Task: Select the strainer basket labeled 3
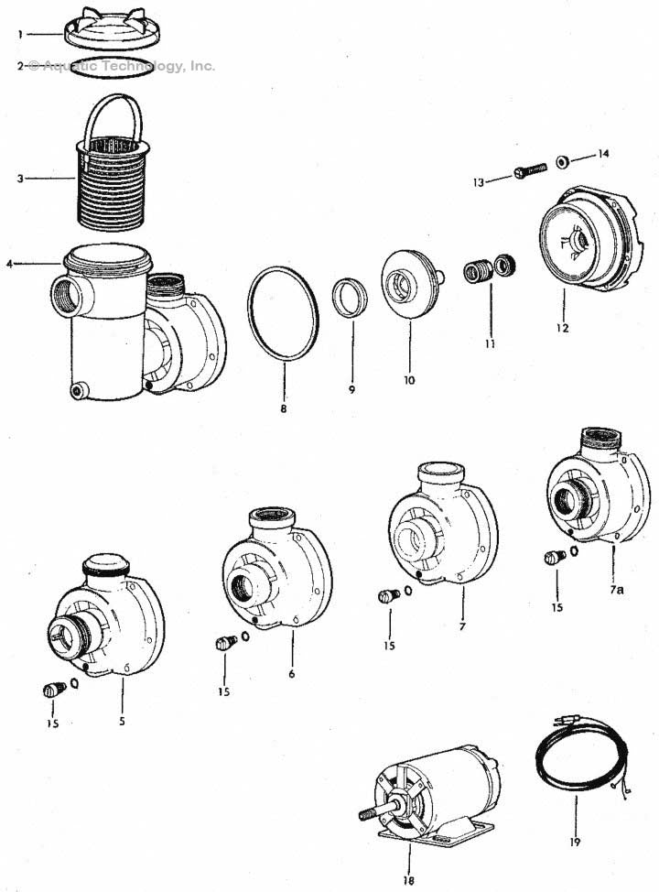pos(110,183)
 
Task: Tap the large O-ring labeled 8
pos(283,313)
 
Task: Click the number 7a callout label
pos(618,591)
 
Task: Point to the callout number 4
pos(10,265)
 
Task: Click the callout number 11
pos(490,344)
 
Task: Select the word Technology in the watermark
pos(133,66)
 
